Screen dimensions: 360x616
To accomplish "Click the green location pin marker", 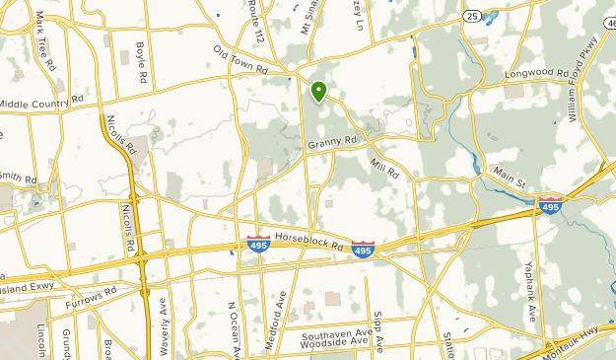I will (x=318, y=92).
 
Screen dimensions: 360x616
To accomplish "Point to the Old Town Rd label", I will (x=240, y=61).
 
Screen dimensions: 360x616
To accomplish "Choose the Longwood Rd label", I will (x=531, y=72).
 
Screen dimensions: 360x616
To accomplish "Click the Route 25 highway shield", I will (x=472, y=16).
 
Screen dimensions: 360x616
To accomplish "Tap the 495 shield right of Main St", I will (x=550, y=205).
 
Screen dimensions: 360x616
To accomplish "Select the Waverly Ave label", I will (x=164, y=330).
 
